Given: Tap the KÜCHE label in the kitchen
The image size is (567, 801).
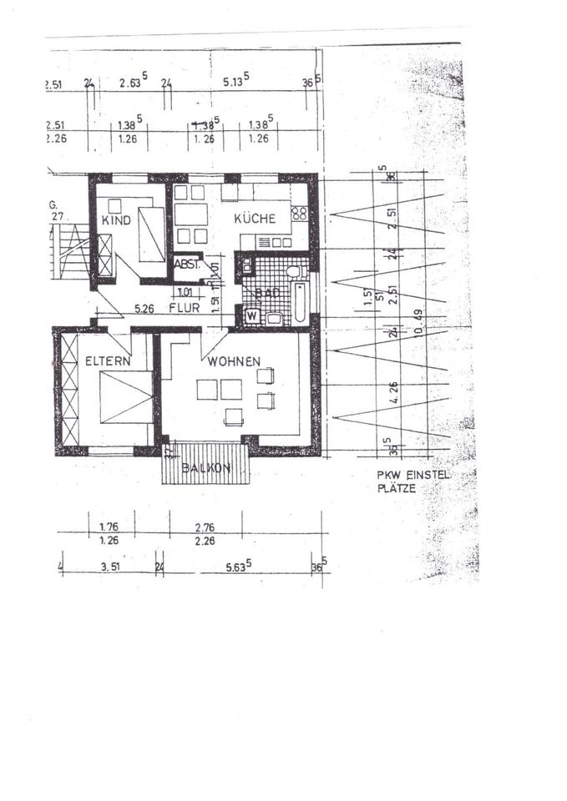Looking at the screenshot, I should point(255,219).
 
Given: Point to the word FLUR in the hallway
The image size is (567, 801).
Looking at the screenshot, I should point(183,307).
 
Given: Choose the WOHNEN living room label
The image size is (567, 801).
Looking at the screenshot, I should point(234,361).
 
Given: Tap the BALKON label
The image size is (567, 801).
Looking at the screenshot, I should point(205,468).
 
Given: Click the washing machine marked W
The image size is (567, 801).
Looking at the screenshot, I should point(250,316).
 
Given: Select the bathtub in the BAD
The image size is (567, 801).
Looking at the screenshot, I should point(299,303).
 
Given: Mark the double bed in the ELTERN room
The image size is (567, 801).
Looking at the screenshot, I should point(125,398).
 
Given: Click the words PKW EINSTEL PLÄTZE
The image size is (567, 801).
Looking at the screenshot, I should point(412,481).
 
